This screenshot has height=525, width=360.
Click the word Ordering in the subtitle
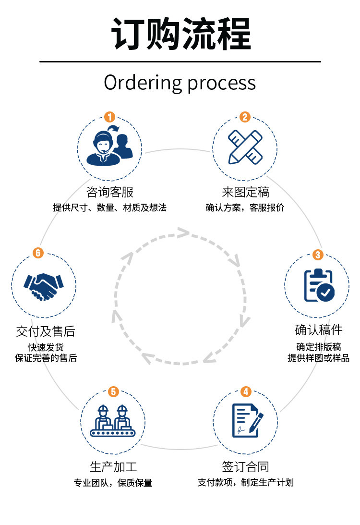tap(142, 83)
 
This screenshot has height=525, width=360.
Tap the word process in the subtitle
tap(221, 84)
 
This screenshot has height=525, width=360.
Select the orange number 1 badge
tap(110, 117)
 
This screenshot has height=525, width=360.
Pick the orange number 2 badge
tap(245, 117)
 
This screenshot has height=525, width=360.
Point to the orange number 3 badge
tap(317, 255)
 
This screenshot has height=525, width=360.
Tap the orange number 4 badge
tap(246, 391)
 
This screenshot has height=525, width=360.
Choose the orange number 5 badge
tap(113, 391)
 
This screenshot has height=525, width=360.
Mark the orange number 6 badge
tap(38, 253)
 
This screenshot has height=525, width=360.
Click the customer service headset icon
tap(109, 145)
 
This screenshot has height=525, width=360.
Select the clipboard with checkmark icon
tap(318, 285)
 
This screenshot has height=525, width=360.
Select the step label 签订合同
tap(246, 466)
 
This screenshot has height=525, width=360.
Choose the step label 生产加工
tap(113, 466)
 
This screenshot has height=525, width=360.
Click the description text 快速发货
tap(46, 347)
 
